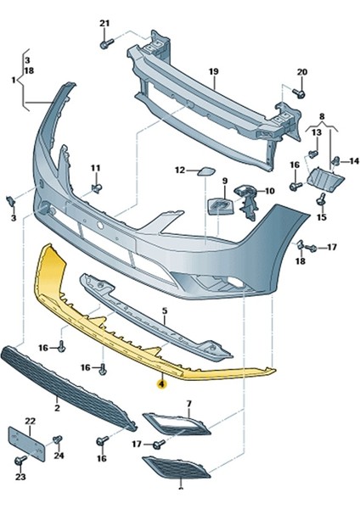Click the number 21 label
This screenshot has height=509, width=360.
(104, 22)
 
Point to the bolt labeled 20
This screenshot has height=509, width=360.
(299, 92)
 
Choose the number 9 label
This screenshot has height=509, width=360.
(226, 181)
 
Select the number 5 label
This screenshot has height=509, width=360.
(164, 312)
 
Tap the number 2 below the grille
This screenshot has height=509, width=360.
(56, 409)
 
